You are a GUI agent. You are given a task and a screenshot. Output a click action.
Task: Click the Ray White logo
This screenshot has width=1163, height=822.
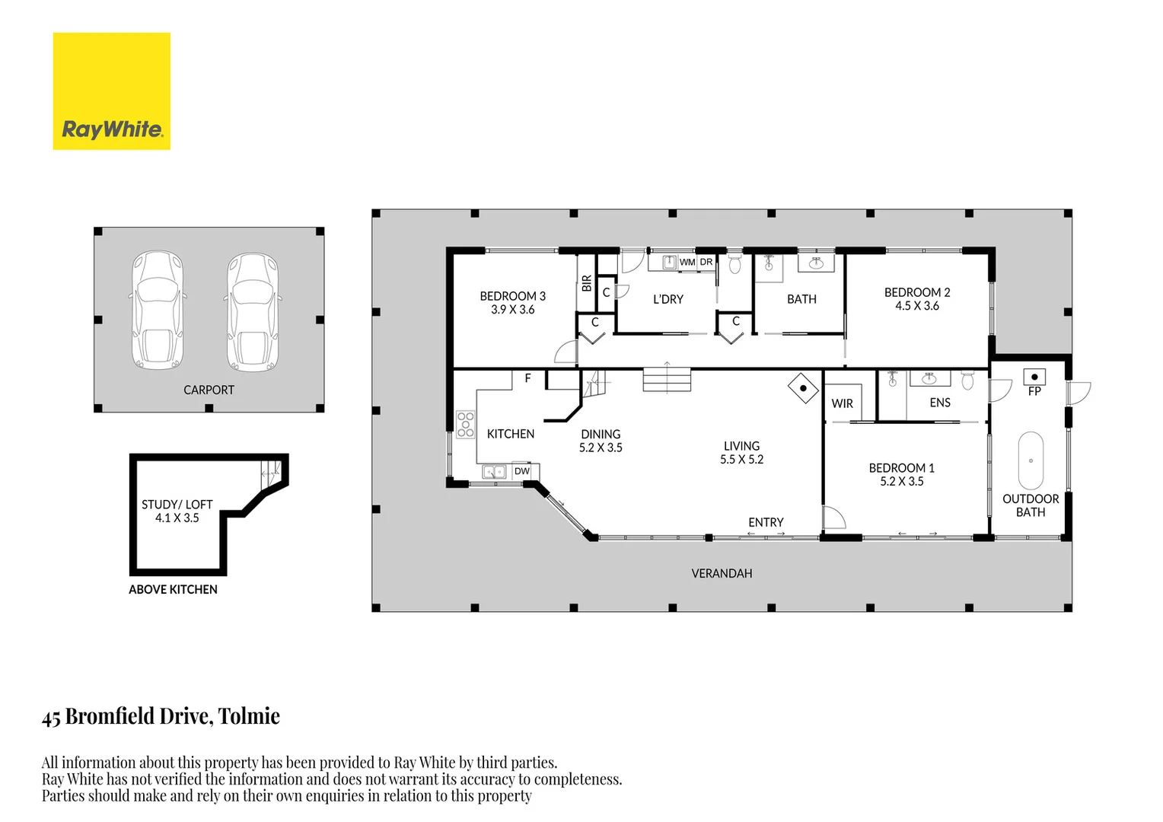pyautogui.click(x=111, y=91)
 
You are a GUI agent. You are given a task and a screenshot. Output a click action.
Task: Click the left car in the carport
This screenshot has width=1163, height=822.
pyautogui.click(x=158, y=311)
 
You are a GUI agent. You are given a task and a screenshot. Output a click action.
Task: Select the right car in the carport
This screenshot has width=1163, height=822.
pyautogui.click(x=253, y=312)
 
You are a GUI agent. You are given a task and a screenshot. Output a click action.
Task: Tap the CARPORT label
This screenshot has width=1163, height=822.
pyautogui.click(x=209, y=390)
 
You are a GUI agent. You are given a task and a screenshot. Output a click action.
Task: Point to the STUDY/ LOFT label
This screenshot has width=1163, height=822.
pyautogui.click(x=177, y=505)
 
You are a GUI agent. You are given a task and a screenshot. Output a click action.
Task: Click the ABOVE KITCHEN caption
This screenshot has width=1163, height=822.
pyautogui.click(x=173, y=589)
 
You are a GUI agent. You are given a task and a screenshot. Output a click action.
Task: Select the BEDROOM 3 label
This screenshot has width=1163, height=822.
pyautogui.click(x=512, y=296)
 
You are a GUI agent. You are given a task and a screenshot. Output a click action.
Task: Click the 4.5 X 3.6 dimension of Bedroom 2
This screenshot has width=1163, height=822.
pyautogui.click(x=916, y=306)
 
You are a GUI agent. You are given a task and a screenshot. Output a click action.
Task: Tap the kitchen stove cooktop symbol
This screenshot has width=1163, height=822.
pyautogui.click(x=465, y=424)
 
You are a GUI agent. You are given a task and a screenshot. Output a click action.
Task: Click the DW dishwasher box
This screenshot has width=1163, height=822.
pyautogui.click(x=522, y=471)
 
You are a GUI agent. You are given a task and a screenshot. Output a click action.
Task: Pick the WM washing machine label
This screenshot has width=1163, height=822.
pyautogui.click(x=687, y=262)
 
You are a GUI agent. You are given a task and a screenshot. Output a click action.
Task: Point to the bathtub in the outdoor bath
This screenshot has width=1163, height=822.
pyautogui.click(x=1031, y=460)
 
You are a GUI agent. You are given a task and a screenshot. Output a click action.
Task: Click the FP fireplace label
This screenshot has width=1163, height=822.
pyautogui.click(x=1034, y=391)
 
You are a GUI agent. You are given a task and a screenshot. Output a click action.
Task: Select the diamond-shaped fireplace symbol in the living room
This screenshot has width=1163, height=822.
pyautogui.click(x=803, y=388)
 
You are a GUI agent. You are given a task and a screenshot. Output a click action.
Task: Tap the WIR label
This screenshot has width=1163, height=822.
pyautogui.click(x=842, y=403)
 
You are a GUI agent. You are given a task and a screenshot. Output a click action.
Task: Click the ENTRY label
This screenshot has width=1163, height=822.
pyautogui.click(x=766, y=522)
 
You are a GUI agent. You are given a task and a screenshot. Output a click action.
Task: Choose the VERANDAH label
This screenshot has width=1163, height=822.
pyautogui.click(x=722, y=573)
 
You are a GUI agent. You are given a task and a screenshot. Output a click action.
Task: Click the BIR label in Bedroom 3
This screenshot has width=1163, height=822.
pyautogui.click(x=586, y=283)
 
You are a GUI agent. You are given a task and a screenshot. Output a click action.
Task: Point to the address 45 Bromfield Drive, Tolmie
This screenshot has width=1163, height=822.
pyautogui.click(x=161, y=716)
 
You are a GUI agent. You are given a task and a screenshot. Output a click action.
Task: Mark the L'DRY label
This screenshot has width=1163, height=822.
pyautogui.click(x=668, y=299)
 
